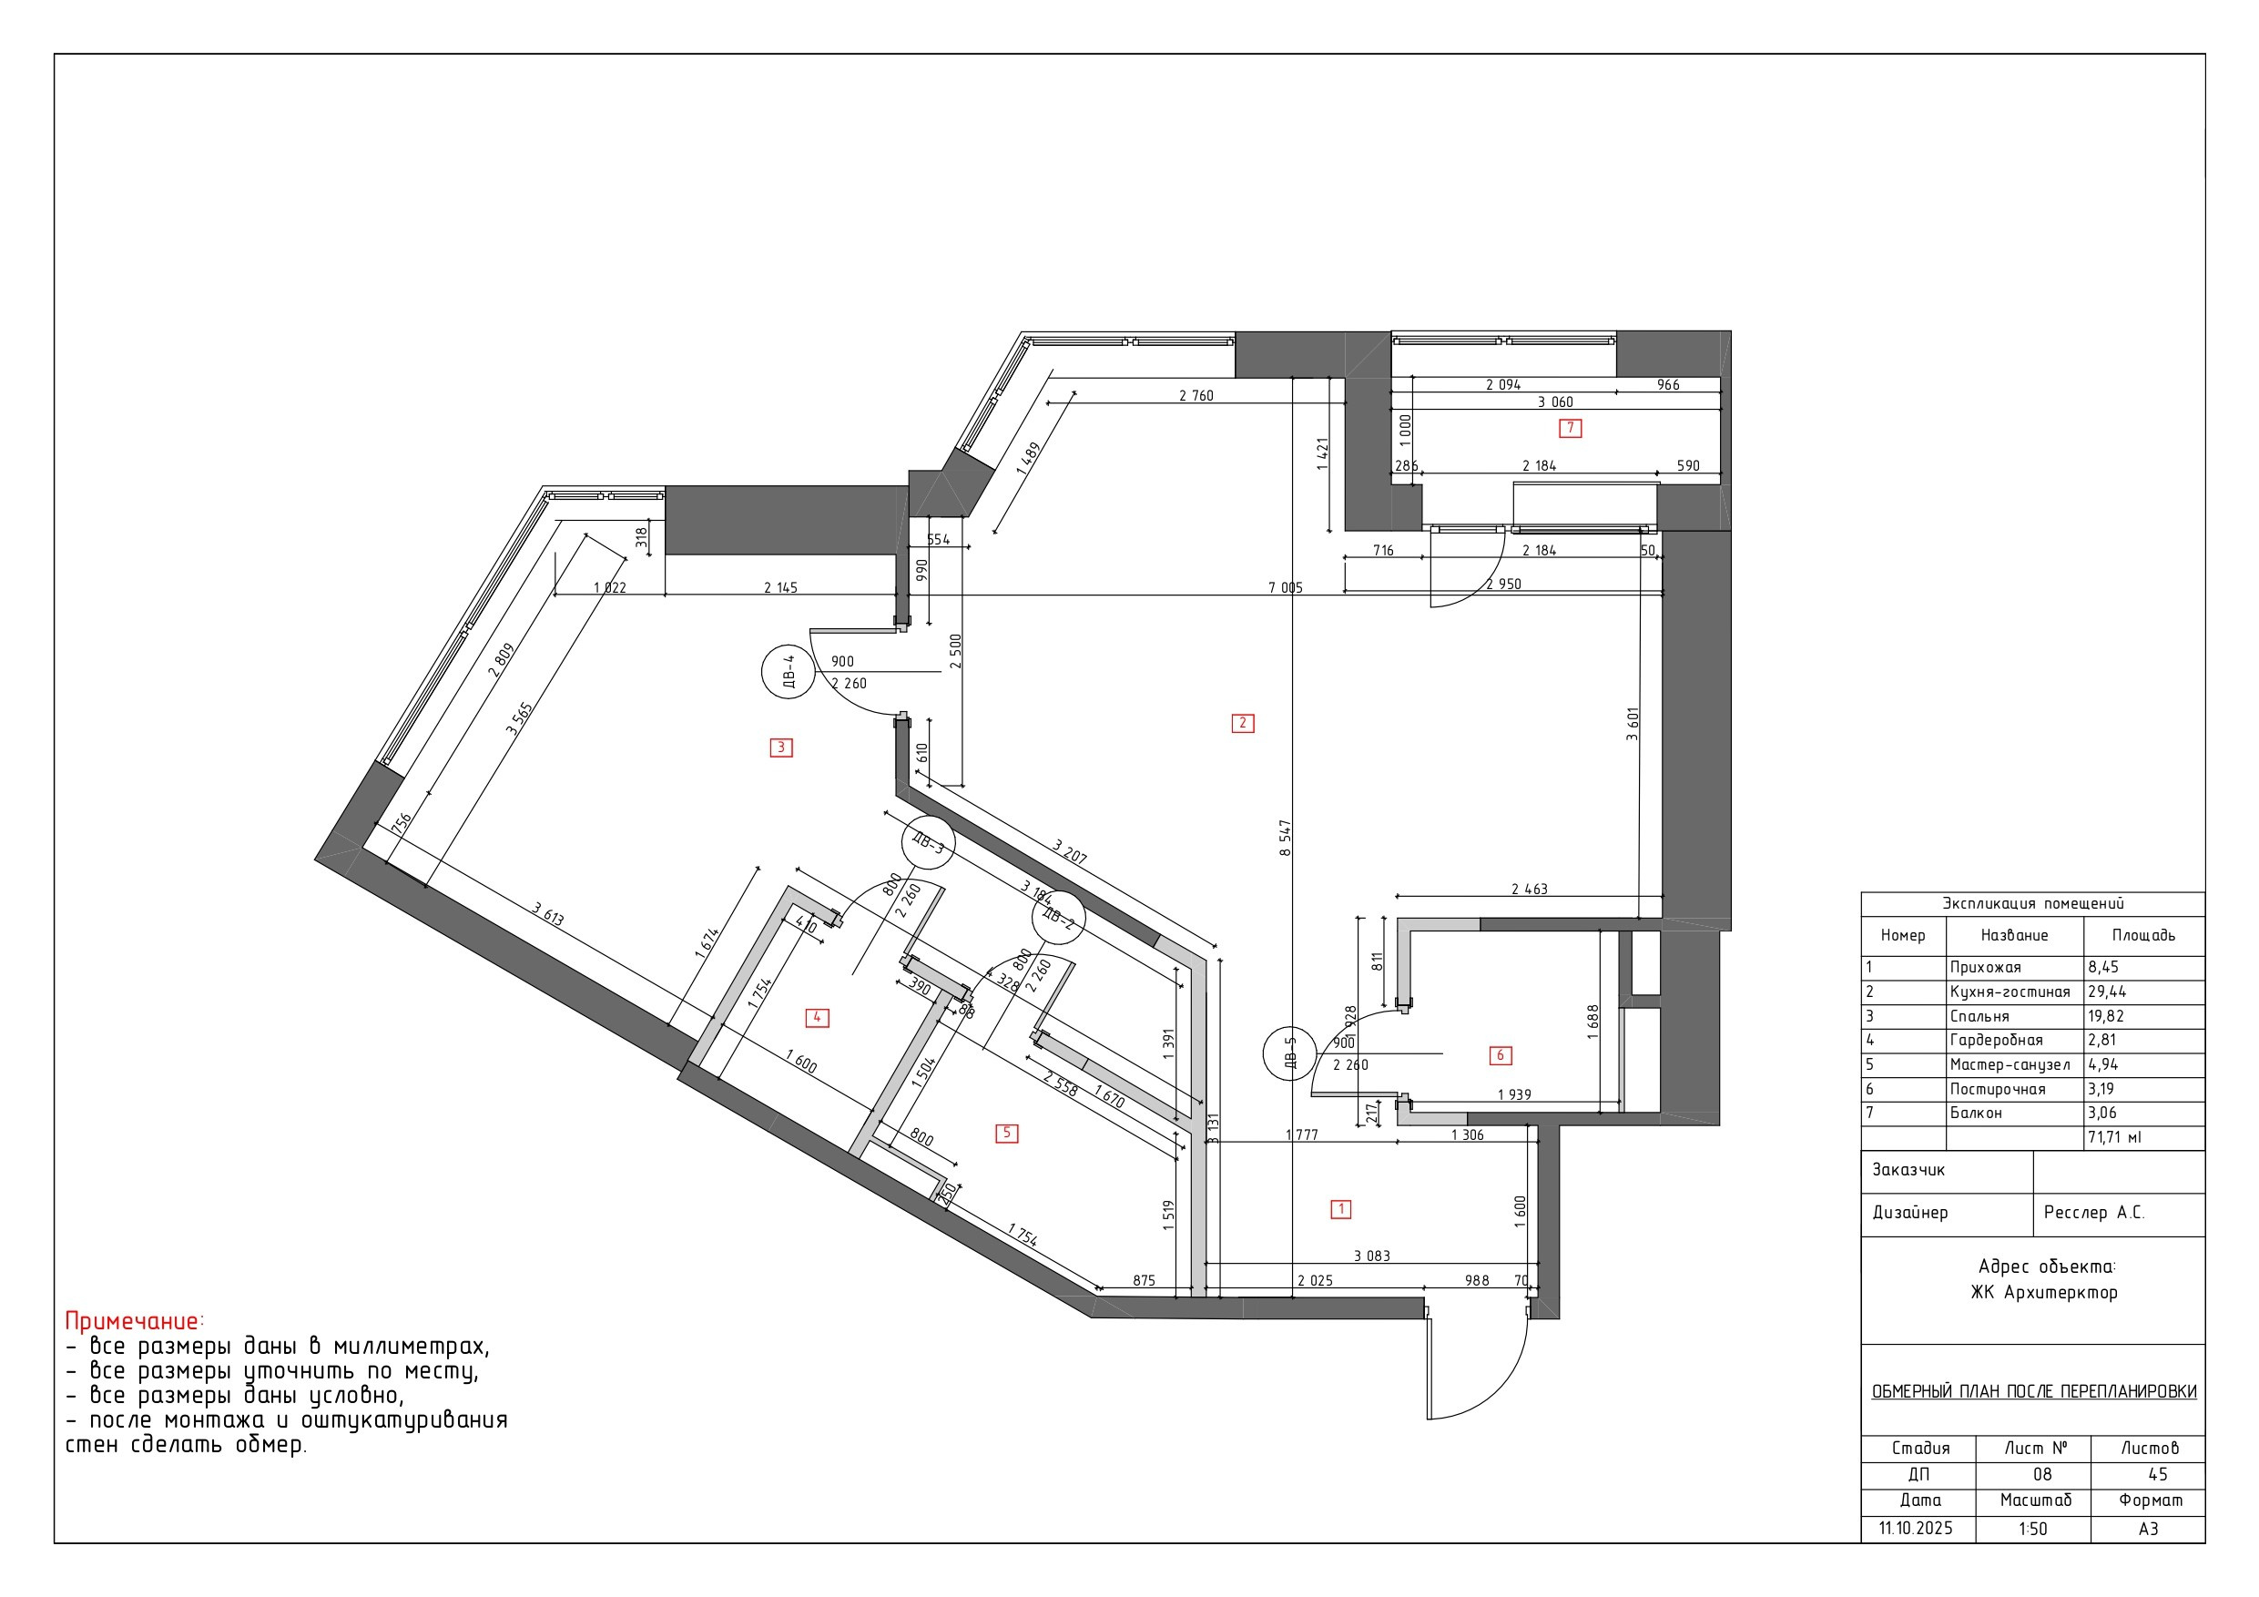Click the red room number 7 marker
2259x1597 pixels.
1571,428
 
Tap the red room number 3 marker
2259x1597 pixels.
781,748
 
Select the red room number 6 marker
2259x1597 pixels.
1501,1056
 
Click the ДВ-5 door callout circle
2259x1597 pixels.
1290,1053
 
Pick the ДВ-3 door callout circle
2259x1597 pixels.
928,843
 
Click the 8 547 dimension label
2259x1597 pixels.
1285,839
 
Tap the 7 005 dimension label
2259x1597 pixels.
1285,587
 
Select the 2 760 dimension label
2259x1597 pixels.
1196,395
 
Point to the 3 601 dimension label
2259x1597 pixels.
1633,723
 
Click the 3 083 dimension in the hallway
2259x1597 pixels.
1371,1256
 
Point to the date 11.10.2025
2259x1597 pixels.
1916,1529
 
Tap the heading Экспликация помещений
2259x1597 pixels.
2032,903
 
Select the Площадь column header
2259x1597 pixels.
2144,936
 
